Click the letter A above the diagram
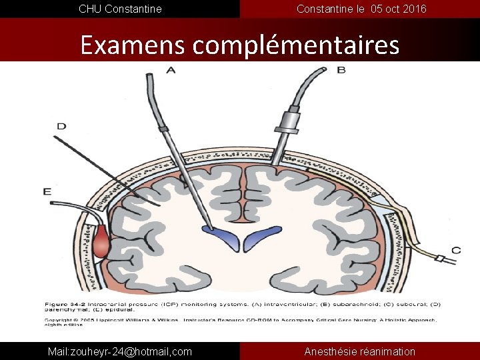tap(171, 70)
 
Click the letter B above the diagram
tap(341, 69)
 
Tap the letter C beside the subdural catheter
tap(455, 251)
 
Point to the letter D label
tap(61, 125)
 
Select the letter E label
tap(47, 191)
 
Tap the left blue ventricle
tap(220, 235)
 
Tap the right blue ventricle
tap(261, 235)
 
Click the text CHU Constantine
tap(120, 9)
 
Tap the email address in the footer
tap(120, 351)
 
